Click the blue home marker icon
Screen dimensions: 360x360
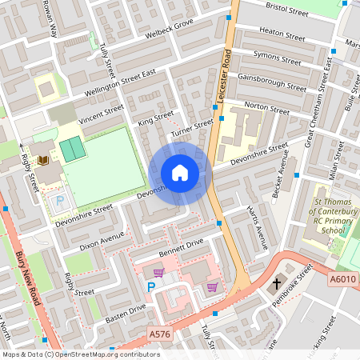pos(180,173)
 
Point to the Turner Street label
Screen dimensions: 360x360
pos(192,124)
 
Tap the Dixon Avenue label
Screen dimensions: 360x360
pos(102,238)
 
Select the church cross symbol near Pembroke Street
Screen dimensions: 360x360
pos(277,284)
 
